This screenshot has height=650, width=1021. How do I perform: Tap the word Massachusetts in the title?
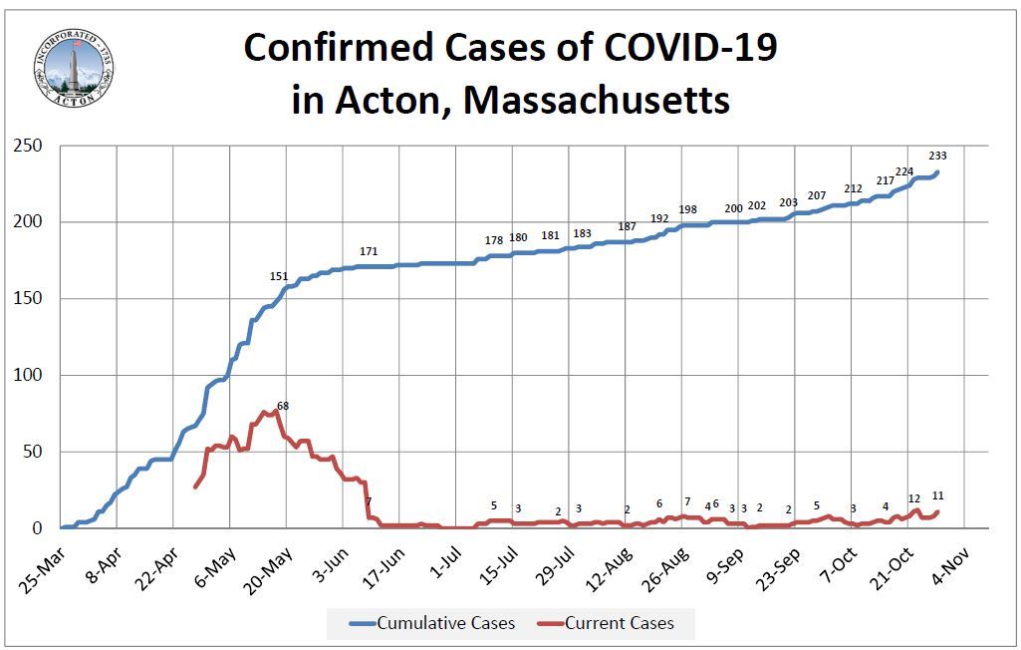coord(598,100)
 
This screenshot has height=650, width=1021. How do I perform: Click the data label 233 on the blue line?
coord(937,156)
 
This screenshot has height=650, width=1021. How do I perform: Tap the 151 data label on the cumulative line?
coord(279,276)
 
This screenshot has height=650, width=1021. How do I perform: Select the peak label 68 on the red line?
coord(283,405)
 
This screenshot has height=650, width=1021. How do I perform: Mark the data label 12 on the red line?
coord(914,498)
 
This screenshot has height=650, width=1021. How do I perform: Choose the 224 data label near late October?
coord(904,171)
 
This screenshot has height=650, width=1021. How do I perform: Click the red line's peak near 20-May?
coord(276,412)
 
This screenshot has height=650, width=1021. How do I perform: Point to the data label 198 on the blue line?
coord(687,209)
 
